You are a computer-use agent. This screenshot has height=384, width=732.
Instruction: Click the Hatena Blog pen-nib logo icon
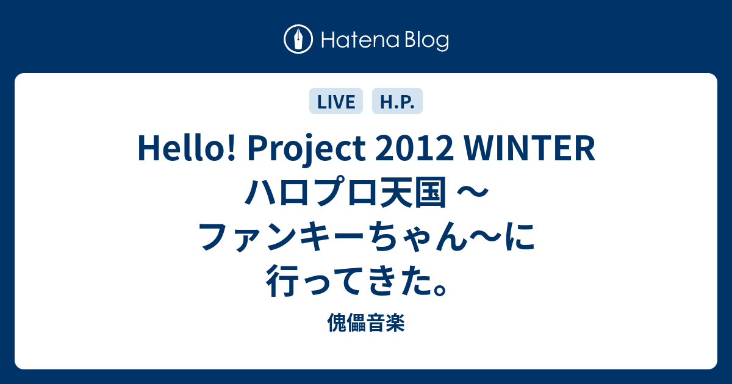point(298,39)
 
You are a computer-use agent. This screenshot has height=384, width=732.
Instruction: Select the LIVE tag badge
point(336,101)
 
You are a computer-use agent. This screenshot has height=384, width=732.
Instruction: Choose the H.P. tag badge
point(397,101)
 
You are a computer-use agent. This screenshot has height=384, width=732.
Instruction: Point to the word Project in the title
point(306,149)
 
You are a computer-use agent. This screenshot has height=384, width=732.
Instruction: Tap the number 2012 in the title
point(414,149)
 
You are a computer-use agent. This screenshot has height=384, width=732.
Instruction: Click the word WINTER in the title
point(529,149)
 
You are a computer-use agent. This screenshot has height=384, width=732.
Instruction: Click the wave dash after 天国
point(472,191)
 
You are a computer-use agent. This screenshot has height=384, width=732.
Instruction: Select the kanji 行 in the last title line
point(282,281)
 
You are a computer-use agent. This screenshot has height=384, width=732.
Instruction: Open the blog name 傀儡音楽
point(366,322)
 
